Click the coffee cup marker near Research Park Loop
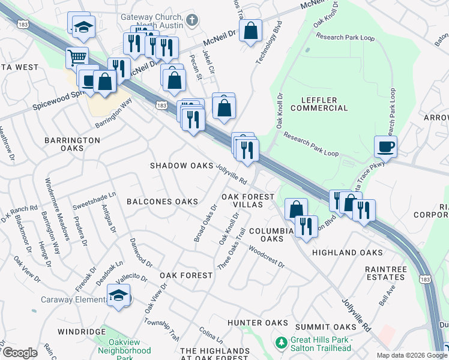[x=385, y=146]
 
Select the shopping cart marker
[x=77, y=58]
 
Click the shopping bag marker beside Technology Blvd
[x=250, y=29]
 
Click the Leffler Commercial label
[x=319, y=103]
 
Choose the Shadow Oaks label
[x=181, y=166]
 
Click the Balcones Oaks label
[x=162, y=202]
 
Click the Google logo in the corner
[x=19, y=353]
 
